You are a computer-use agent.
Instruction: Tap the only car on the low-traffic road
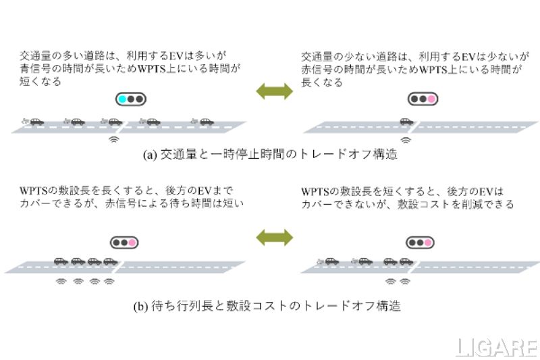click(x=406, y=122)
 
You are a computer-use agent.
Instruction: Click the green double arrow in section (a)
click(x=274, y=91)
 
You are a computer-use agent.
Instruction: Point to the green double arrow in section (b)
click(x=274, y=236)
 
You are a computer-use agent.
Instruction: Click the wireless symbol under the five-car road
click(x=114, y=140)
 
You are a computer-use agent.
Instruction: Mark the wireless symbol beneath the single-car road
click(x=406, y=140)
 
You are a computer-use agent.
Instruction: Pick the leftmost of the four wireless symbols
click(x=61, y=280)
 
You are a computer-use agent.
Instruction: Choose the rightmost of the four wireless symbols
click(x=111, y=280)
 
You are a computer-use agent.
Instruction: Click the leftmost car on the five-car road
click(x=34, y=122)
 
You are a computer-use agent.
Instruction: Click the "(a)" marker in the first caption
click(x=150, y=154)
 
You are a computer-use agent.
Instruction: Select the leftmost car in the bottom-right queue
click(x=329, y=261)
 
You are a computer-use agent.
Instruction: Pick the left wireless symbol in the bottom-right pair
click(x=390, y=280)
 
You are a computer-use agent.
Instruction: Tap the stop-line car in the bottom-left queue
click(x=110, y=261)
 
